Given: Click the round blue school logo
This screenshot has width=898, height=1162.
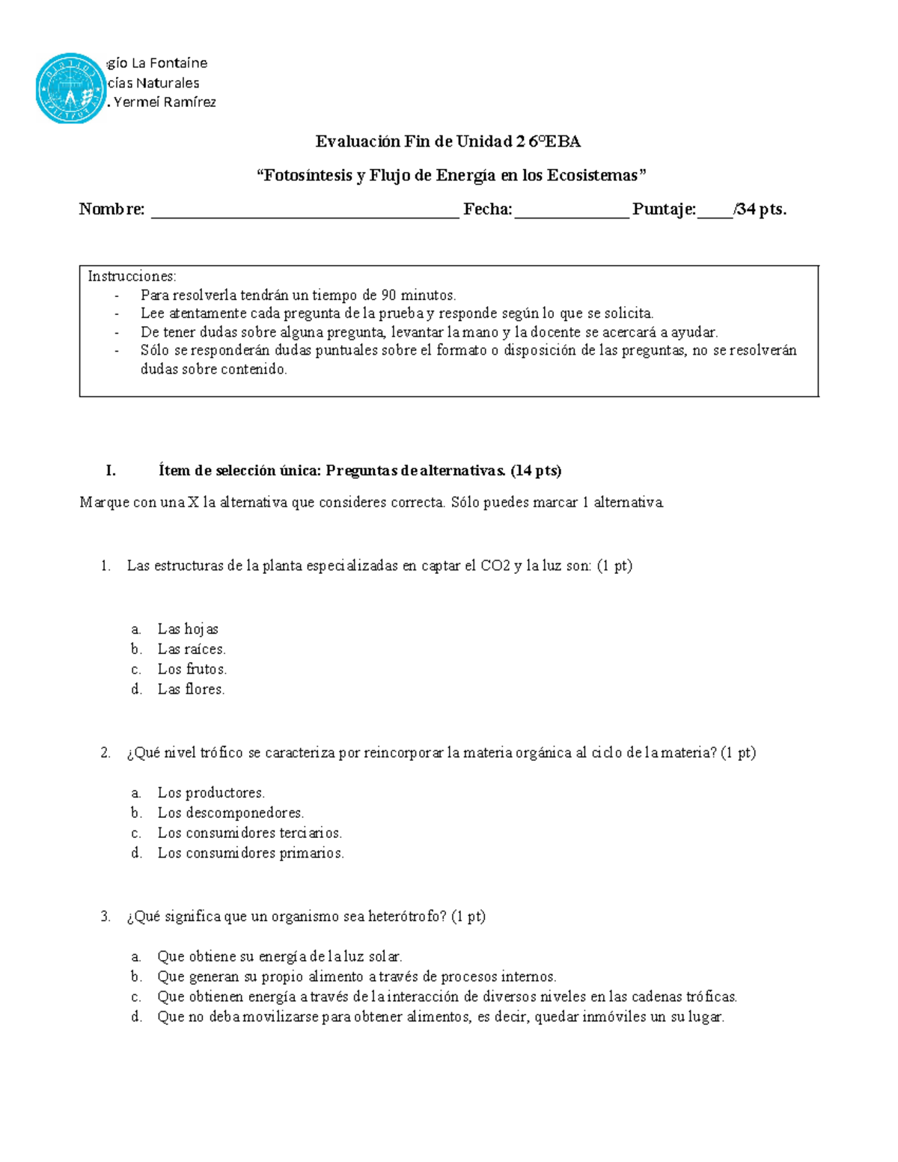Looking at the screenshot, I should pos(70,88).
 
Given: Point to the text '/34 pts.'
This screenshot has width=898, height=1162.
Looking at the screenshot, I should pos(760,210).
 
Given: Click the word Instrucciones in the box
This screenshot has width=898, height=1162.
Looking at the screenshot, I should pos(132,276).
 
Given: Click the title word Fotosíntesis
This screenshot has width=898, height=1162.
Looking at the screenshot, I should pos(307,175).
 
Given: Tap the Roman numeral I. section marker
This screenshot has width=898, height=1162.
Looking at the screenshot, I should pos(111,471).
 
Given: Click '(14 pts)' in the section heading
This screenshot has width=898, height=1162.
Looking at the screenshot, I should pos(536,471).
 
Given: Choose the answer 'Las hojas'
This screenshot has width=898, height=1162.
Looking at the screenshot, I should pos(187,629).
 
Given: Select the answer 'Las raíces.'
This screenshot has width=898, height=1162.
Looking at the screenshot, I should pos(191,649).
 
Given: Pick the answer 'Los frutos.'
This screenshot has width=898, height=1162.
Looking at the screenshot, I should pos(192,669).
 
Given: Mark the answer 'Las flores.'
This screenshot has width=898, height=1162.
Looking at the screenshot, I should pos(191,689).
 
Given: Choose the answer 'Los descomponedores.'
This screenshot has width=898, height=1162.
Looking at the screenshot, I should pos(230,813).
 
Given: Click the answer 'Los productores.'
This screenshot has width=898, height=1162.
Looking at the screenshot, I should pos(210,792).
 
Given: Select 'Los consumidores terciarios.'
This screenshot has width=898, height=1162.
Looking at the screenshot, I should pos(249,833).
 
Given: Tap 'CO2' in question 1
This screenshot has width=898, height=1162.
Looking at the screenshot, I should pos(495,566).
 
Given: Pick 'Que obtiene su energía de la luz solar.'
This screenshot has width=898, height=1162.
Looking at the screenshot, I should pos(279,956).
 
